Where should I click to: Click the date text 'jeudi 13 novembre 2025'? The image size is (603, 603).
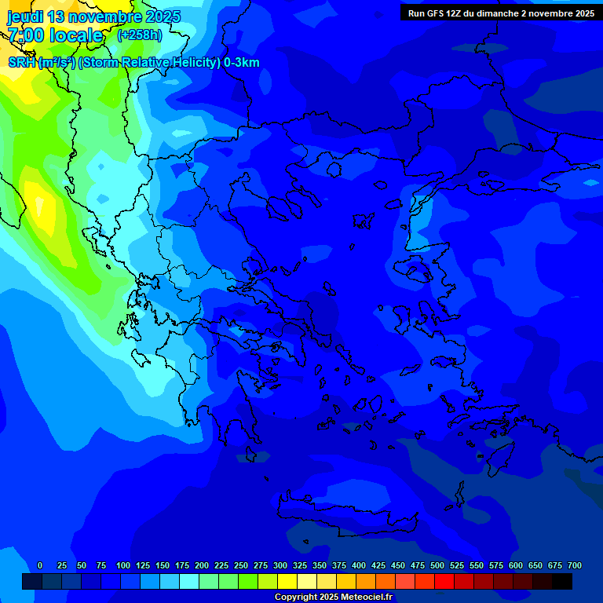pos(93,16)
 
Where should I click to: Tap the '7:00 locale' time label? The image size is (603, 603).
pos(55,35)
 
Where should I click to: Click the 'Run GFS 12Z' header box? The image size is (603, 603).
pos(501,13)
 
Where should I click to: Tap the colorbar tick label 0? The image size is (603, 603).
pos(40,565)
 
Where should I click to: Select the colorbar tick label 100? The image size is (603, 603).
pos(123,565)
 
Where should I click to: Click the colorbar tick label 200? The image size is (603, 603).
pos(202,565)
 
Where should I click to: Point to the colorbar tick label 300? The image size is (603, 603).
pos(280,565)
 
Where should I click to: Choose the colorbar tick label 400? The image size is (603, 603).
pos(359,565)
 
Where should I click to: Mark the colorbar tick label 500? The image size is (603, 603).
pos(437,565)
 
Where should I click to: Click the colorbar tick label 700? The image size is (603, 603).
pos(575,565)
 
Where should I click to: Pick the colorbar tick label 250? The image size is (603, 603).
pos(241,565)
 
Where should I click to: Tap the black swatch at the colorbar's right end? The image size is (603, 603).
pos(562,581)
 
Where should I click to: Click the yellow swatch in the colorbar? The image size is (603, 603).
pos(287,581)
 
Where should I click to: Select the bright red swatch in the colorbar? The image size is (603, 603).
pos(444,581)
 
